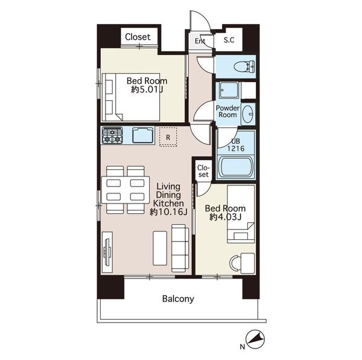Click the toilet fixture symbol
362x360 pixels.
tap(244, 67)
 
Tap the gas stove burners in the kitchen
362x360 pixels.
tap(112, 135)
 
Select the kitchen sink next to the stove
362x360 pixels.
tap(143, 135)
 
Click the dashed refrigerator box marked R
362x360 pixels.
tap(168, 137)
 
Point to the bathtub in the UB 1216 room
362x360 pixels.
tap(235, 167)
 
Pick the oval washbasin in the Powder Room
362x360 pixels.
tap(248, 114)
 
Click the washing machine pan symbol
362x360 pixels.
tap(229, 90)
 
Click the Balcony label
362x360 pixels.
tap(178, 299)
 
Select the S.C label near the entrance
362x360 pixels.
tap(229, 40)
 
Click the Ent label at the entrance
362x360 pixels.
tap(200, 41)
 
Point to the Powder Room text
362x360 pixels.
tap(227, 111)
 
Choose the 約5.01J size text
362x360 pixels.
tap(147, 89)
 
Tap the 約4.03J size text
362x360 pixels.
tap(225, 217)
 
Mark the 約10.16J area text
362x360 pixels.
tap(168, 211)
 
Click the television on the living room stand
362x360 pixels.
tap(107, 252)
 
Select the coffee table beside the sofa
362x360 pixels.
tap(160, 248)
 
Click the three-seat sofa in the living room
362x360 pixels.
tap(180, 248)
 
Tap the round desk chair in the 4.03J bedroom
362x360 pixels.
tap(235, 263)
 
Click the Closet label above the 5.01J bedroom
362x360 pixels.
tap(138, 37)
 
